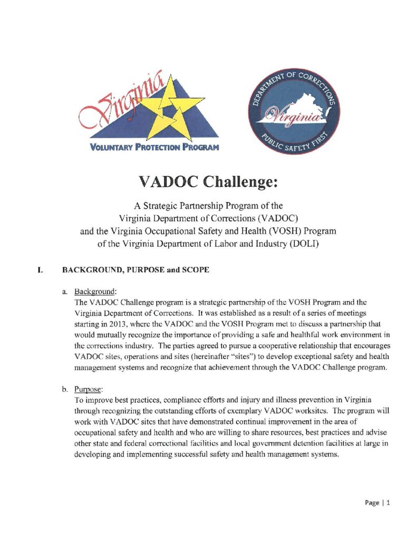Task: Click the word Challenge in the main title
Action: tap(237, 181)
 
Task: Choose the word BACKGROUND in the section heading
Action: tap(91, 270)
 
